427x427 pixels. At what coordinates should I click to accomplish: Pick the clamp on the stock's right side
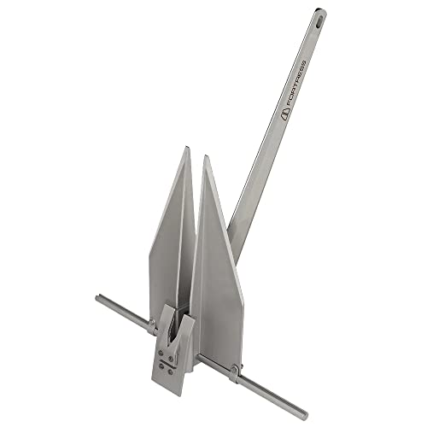[x=232, y=368]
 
